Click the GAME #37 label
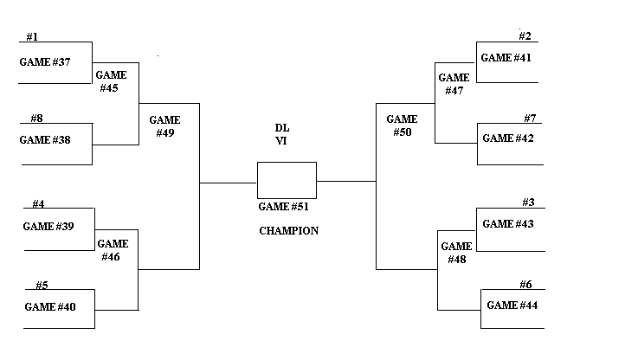point(46,62)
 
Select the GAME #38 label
point(46,138)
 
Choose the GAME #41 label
point(506,58)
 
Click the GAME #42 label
point(508,138)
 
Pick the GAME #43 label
point(508,223)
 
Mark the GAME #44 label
point(513,305)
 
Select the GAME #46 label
point(113,250)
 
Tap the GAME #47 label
point(454,84)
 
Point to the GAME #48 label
point(457,252)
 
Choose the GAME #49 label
point(164,126)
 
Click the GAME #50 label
point(402,125)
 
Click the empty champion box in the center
point(287,180)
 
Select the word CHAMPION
point(288,231)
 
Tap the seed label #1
point(32,36)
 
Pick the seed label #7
point(530,118)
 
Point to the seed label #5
point(42,285)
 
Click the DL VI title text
point(280,133)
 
